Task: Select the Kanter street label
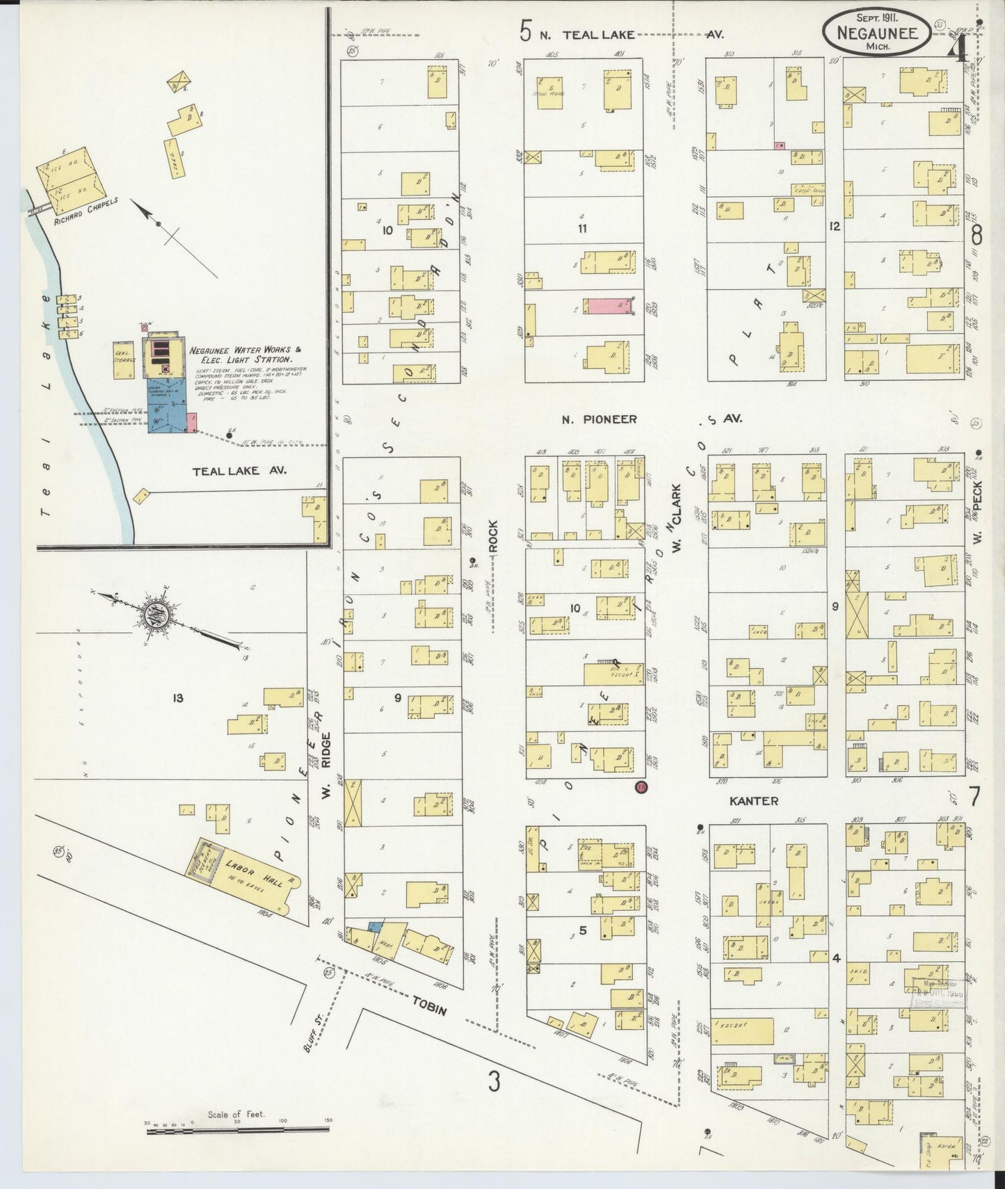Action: tap(753, 801)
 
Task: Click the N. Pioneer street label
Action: tap(600, 419)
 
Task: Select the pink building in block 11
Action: tap(607, 307)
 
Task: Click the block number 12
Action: tap(835, 226)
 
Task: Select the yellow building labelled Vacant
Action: tap(741, 1031)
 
